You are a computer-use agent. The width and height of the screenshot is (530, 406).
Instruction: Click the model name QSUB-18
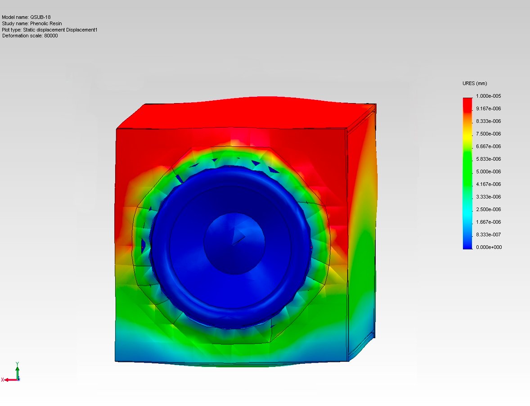(x=40, y=17)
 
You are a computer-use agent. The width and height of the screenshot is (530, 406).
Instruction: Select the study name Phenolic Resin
(x=46, y=24)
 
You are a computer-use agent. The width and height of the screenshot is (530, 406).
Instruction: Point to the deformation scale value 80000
(x=51, y=36)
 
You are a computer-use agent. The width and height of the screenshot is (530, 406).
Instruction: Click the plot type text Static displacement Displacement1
(x=60, y=30)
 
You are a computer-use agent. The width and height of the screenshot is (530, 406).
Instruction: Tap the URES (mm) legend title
(x=475, y=84)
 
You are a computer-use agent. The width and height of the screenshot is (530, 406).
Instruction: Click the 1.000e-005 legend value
(x=489, y=96)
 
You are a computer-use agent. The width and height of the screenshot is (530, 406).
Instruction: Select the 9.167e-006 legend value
(x=489, y=108)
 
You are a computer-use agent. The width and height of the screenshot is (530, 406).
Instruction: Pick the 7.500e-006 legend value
(x=489, y=134)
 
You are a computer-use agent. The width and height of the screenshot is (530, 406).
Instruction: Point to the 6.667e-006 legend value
(x=489, y=146)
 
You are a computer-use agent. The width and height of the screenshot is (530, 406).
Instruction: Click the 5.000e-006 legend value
(x=489, y=172)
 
